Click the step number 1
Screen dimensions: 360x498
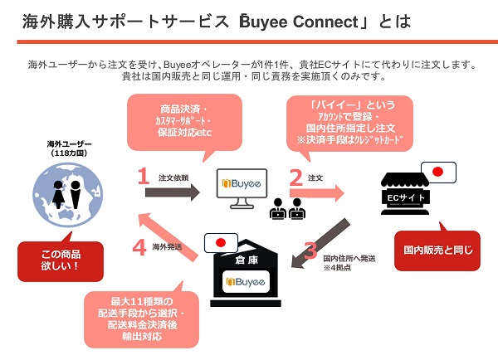point(143,176)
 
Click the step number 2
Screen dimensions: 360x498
point(295,176)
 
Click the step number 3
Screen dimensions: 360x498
point(310,250)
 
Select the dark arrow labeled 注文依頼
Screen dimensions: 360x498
point(173,192)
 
